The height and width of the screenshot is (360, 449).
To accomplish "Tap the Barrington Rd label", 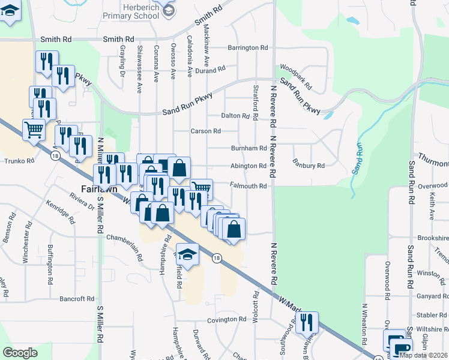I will pyautogui.click(x=247, y=48).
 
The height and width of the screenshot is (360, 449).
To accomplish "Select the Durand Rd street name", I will pyautogui.click(x=213, y=70).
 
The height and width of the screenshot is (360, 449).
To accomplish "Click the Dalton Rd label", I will pyautogui.click(x=235, y=115).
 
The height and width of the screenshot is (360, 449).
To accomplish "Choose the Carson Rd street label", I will pyautogui.click(x=205, y=131).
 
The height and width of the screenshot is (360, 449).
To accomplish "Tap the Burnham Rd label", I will pyautogui.click(x=249, y=148).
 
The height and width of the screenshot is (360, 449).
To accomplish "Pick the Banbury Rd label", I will pyautogui.click(x=309, y=165).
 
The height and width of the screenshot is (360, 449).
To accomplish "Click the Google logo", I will pyautogui.click(x=20, y=353).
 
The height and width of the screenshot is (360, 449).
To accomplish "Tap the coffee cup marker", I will pyautogui.click(x=402, y=348).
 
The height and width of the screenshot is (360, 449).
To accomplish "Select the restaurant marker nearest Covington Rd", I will pyautogui.click(x=307, y=322).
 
